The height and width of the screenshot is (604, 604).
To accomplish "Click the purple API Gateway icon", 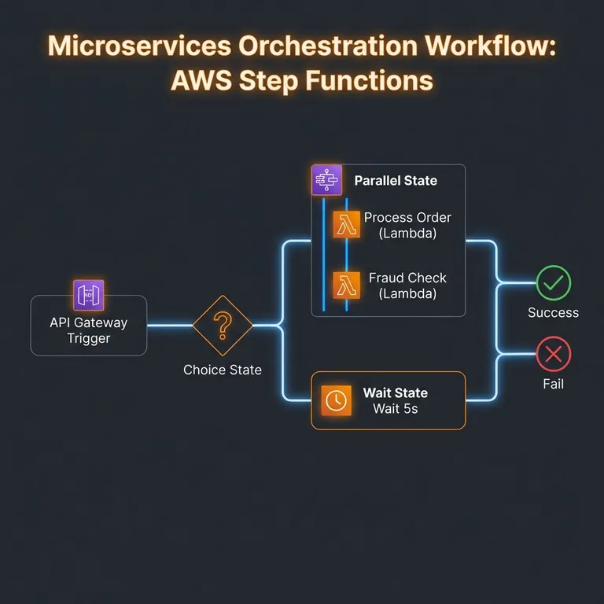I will point(89,295).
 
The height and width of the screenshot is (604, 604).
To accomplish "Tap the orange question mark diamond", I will point(223,325).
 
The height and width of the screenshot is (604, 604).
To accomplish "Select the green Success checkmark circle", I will point(554,283).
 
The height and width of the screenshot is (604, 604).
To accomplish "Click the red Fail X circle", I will point(554,355).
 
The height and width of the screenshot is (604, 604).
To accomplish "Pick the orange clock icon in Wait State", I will point(336,400).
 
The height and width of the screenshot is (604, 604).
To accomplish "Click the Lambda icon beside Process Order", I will point(346,225).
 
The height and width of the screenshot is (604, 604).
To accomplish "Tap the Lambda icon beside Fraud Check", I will point(346,285).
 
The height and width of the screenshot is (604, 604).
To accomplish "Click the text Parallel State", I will point(396,181).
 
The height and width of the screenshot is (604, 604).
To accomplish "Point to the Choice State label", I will point(223,370).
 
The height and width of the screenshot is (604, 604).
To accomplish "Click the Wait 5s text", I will point(396,409).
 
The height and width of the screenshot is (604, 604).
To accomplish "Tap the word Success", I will point(554,313).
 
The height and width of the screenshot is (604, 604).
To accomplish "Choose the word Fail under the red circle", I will point(554,385).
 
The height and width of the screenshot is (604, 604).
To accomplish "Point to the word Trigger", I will point(89,339).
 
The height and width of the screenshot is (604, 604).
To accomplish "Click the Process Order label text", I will point(407,218).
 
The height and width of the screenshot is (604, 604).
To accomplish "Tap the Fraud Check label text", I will point(407,278).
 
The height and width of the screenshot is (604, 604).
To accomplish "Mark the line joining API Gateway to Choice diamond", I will point(170,325).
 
